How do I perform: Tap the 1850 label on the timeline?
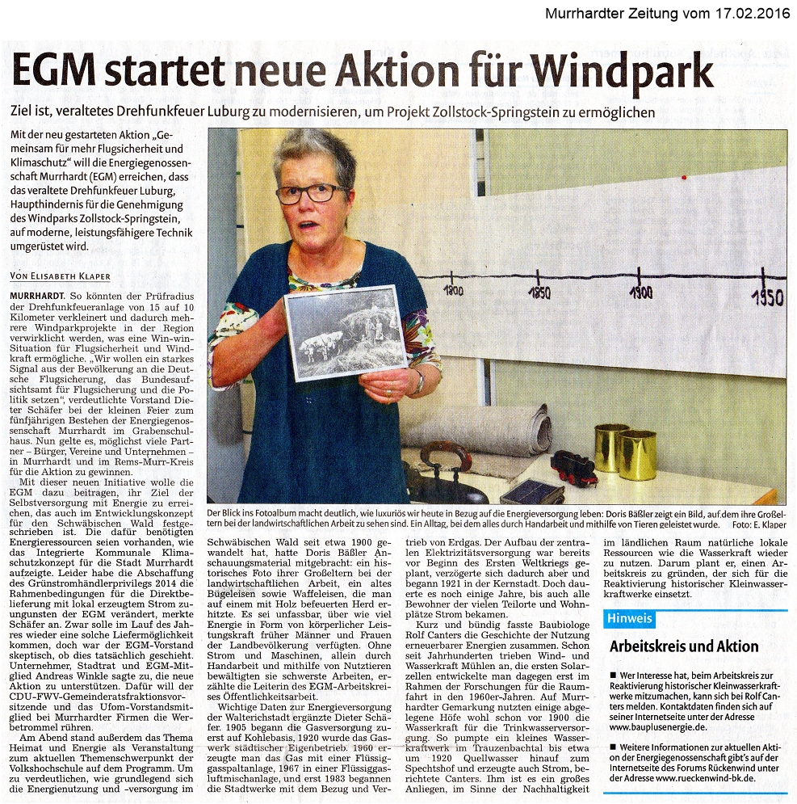(539, 293)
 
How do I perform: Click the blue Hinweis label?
(629, 619)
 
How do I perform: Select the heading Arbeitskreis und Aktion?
(683, 646)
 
